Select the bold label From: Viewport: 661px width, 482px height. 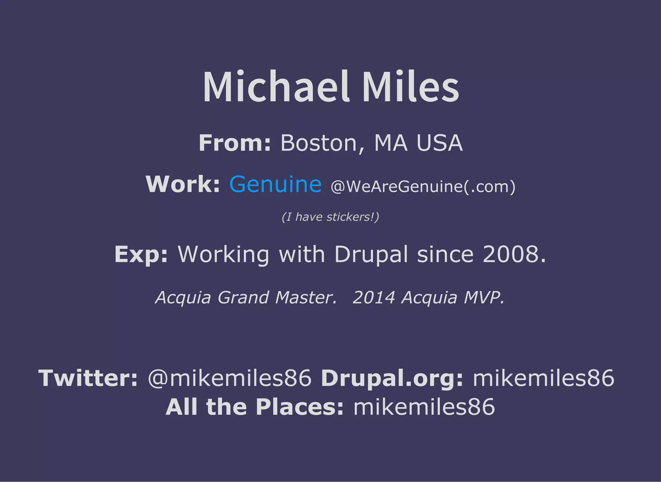click(x=235, y=143)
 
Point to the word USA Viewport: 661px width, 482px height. click(x=439, y=143)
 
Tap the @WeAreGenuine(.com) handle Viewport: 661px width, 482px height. click(x=423, y=186)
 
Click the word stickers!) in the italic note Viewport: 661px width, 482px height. click(x=353, y=217)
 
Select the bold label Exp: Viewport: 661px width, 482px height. click(x=141, y=254)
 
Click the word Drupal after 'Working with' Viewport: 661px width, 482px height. click(x=371, y=254)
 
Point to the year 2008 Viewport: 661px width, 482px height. click(x=514, y=254)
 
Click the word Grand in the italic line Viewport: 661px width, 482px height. click(x=243, y=297)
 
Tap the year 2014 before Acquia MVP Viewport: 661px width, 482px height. click(x=374, y=297)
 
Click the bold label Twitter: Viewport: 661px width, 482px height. click(x=88, y=378)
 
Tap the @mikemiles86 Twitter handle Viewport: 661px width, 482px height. click(x=230, y=378)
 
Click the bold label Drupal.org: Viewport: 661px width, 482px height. click(x=392, y=378)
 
